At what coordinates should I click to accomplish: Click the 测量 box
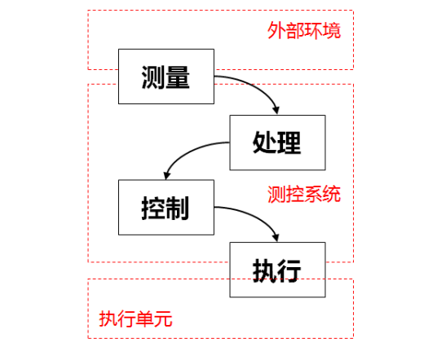(166, 77)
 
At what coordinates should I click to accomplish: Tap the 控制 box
(166, 207)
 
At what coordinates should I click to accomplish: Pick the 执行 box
(277, 270)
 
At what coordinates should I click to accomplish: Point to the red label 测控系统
(304, 195)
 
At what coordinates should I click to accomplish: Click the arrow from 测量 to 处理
(256, 85)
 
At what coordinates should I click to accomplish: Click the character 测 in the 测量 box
(153, 77)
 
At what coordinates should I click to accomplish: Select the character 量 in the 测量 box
(179, 77)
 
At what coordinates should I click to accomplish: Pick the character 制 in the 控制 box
(179, 207)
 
